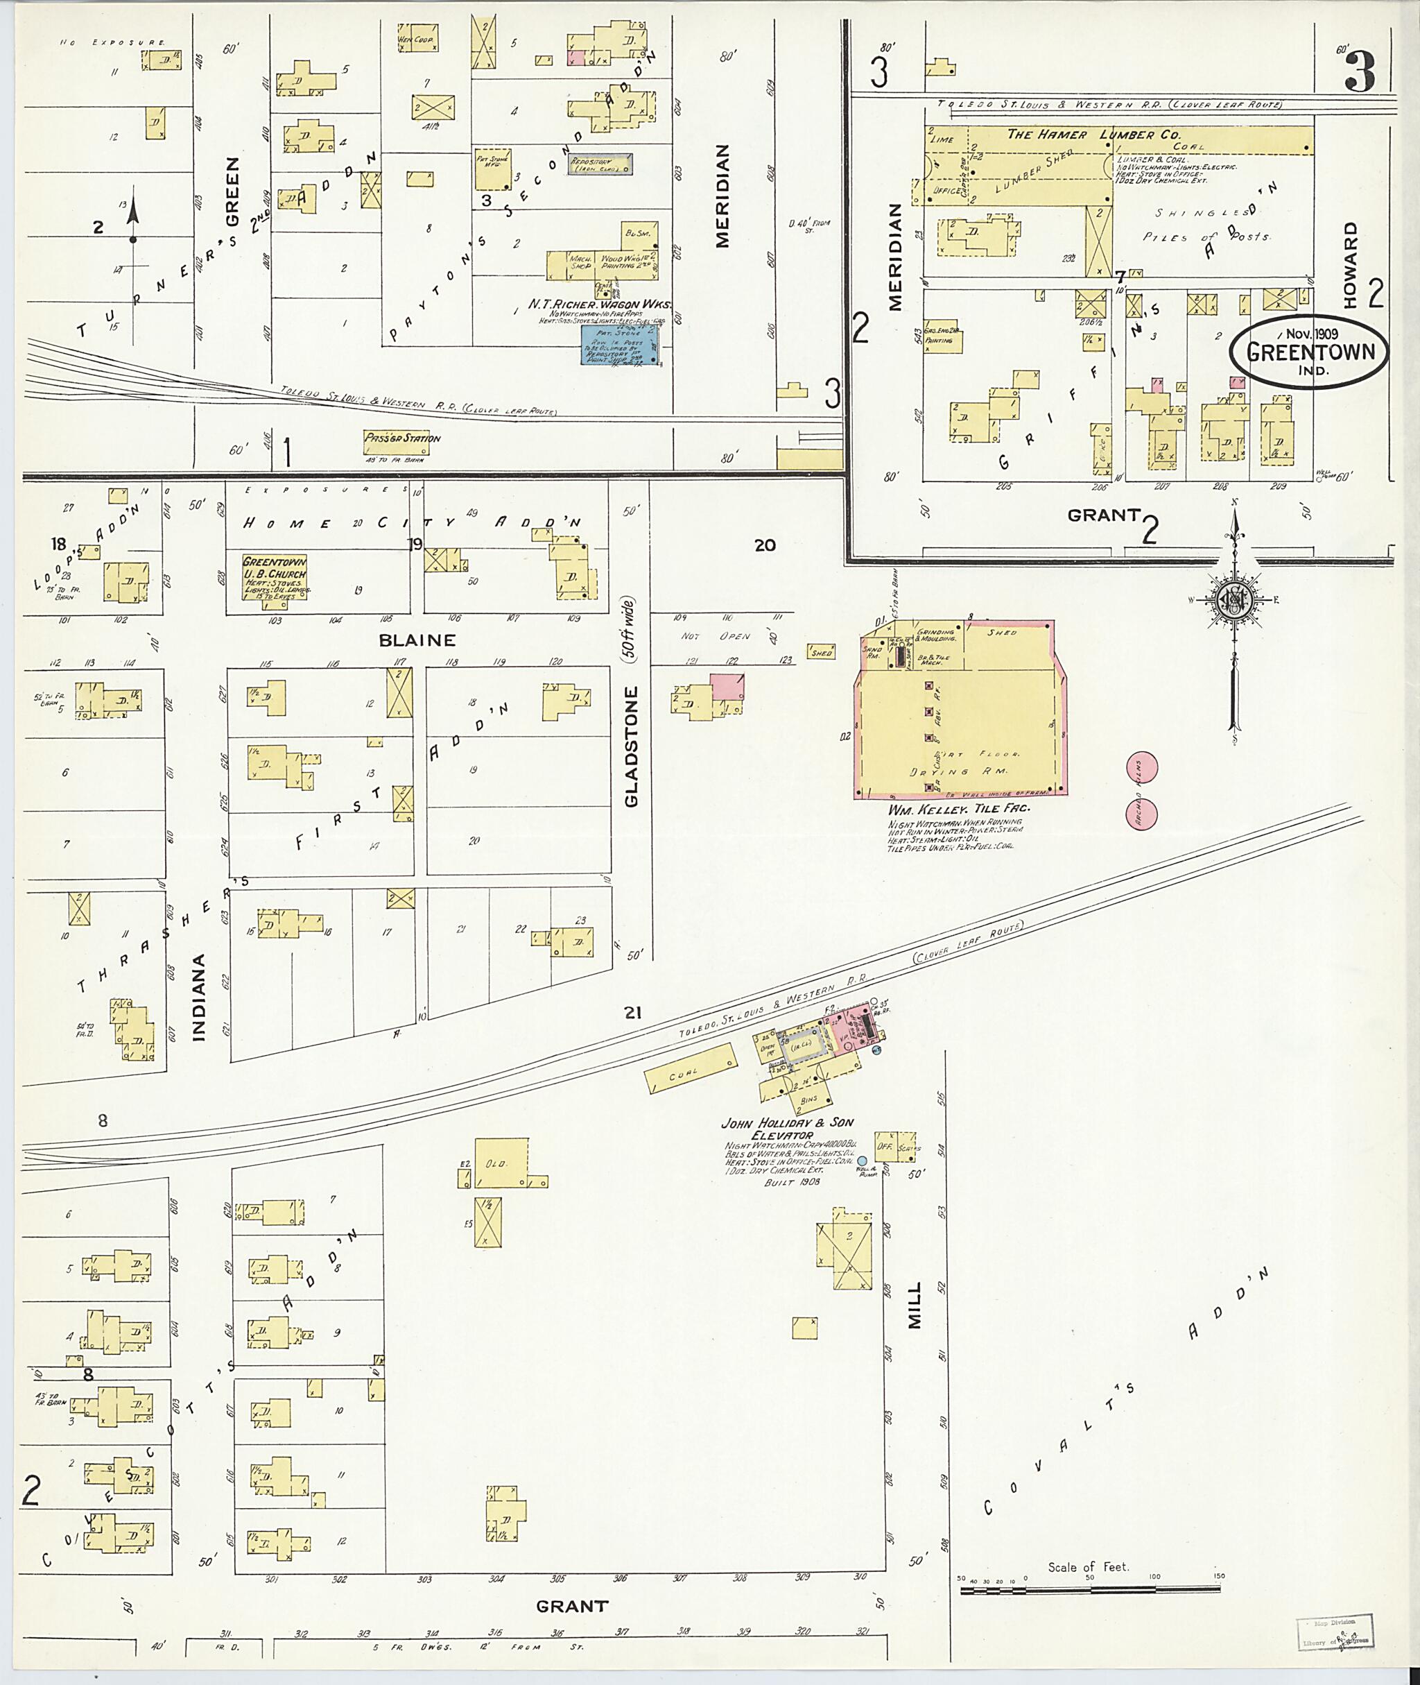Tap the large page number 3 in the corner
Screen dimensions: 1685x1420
[1360, 71]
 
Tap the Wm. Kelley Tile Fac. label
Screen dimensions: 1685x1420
[959, 808]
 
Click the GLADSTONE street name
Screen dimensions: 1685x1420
[631, 746]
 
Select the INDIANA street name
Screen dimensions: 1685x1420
[199, 997]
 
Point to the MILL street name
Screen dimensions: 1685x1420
[915, 1303]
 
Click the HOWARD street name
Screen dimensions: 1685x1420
[1350, 264]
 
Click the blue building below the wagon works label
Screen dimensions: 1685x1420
[621, 344]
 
